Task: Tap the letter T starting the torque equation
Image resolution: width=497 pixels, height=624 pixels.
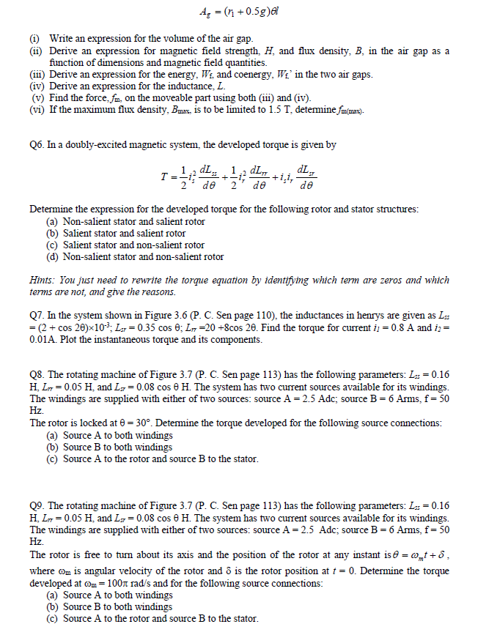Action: coord(167,180)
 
